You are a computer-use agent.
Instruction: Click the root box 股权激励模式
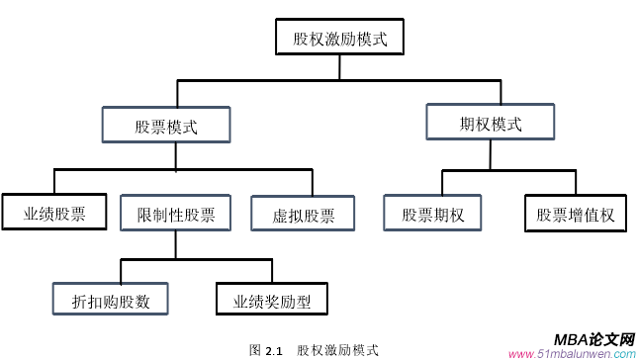pyautogui.click(x=339, y=41)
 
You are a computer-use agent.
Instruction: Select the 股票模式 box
pyautogui.click(x=166, y=127)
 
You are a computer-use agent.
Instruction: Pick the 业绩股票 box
pyautogui.click(x=53, y=213)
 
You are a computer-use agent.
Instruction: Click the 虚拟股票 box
pyautogui.click(x=304, y=215)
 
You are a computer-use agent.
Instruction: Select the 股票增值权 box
pyautogui.click(x=575, y=214)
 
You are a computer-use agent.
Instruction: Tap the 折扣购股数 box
pyautogui.click(x=110, y=301)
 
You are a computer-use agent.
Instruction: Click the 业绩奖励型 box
pyautogui.click(x=271, y=301)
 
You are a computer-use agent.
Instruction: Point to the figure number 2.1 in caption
pyautogui.click(x=274, y=350)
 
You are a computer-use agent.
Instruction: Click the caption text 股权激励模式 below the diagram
pyautogui.click(x=337, y=350)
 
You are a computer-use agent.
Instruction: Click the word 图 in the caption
pyautogui.click(x=255, y=350)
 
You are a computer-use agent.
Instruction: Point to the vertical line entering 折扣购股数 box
pyautogui.click(x=122, y=271)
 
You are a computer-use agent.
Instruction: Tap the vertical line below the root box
pyautogui.click(x=339, y=67)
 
